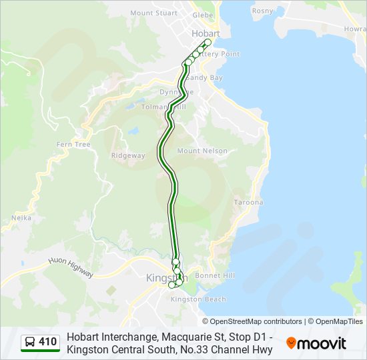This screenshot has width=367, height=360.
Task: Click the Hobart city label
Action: coord(205,33)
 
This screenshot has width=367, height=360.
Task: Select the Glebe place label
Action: coord(202,14)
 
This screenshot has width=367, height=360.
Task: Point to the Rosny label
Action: coord(263,11)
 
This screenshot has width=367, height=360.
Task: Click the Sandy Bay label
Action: coord(209,77)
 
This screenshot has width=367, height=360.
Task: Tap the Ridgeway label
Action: coord(128,155)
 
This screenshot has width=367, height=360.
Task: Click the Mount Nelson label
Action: coord(202,151)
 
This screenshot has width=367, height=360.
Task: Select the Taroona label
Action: coord(248,202)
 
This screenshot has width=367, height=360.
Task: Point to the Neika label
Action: coord(22,217)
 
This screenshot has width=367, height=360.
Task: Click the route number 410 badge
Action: coord(47,343)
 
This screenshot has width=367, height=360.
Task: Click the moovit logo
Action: coord(316,343)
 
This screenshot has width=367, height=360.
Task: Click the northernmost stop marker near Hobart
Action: coord(208,43)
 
